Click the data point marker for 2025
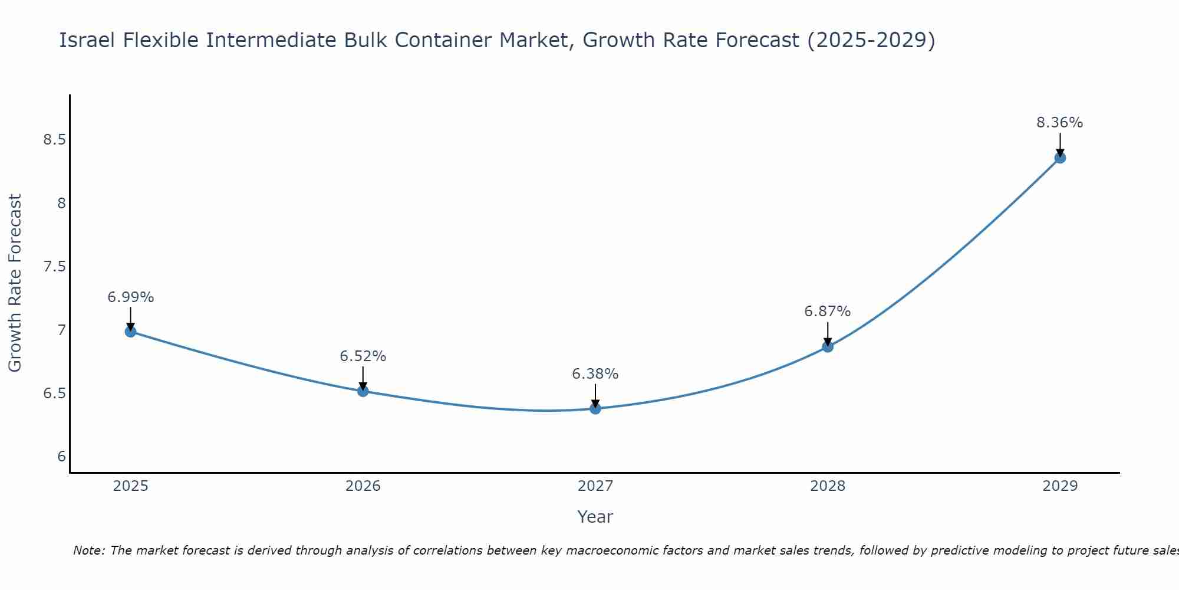130,332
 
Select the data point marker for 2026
363,391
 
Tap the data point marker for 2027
595,408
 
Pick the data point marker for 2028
828,347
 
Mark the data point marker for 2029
1060,158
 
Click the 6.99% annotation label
130,297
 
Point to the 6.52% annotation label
363,356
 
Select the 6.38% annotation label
595,374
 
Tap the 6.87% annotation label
828,312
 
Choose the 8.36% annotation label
1060,123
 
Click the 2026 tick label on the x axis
363,486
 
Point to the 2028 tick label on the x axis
828,486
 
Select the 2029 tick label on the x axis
1060,486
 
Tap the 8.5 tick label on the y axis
54,140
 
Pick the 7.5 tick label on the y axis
54,267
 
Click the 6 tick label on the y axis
61,457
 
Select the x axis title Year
595,517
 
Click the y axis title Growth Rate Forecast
15,283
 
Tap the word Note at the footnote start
88,550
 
